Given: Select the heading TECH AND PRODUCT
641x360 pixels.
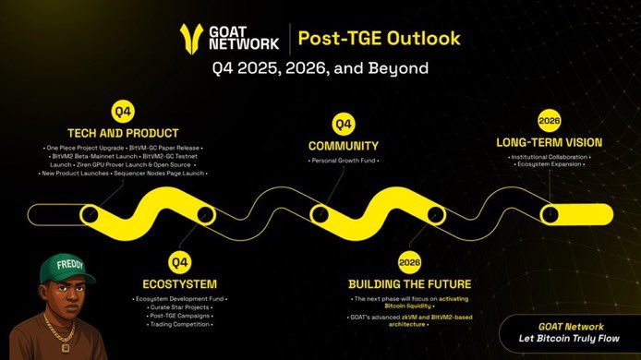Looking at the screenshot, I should coord(123,132).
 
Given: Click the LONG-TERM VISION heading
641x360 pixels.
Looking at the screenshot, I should coord(550,142).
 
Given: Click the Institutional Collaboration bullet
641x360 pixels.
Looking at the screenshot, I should coord(550,159).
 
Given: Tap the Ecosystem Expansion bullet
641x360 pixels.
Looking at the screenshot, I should coord(550,168).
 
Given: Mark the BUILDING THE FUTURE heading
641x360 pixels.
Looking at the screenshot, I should coord(411,282).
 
